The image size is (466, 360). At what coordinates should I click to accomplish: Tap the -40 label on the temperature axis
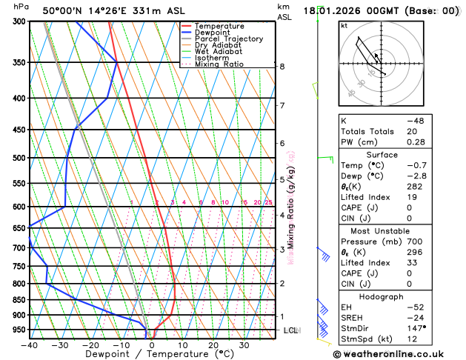coord(30,344)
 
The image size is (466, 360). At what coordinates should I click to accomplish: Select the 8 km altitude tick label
coord(282,67)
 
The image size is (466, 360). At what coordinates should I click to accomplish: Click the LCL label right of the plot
coord(290,330)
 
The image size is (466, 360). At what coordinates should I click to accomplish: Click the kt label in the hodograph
coord(344,26)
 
